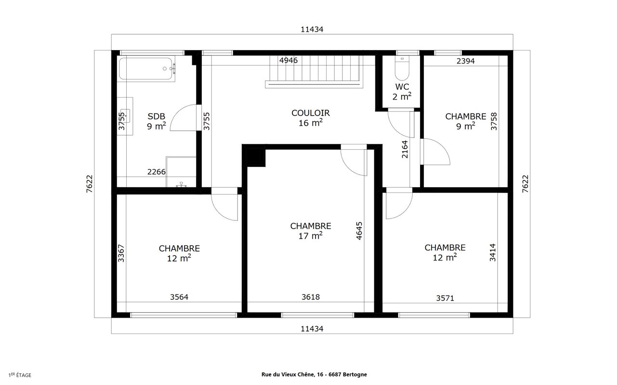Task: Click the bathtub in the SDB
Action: point(147,69)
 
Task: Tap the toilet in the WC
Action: point(402,68)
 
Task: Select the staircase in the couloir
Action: point(314,72)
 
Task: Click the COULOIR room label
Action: point(311,118)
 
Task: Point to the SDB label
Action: point(156,121)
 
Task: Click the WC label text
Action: point(402,91)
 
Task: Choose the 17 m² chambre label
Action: point(311,231)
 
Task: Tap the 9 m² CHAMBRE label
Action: point(465,121)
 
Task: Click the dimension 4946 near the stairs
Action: point(289,60)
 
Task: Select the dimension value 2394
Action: point(465,61)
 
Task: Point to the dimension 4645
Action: point(359,231)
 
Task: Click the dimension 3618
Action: point(311,297)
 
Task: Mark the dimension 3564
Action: point(179,297)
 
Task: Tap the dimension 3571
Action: point(445,298)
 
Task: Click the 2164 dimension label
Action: point(405,150)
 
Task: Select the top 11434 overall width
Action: point(312,29)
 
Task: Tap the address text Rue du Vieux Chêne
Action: point(288,374)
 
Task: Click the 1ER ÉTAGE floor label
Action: point(20,375)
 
